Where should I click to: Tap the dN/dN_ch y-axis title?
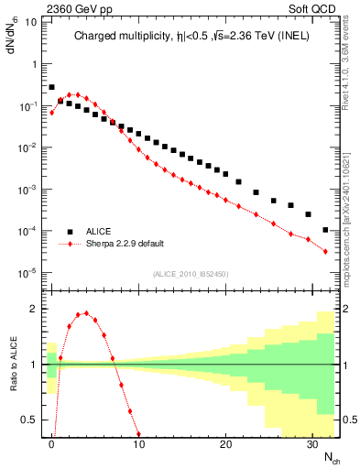pyautogui.click(x=12, y=41)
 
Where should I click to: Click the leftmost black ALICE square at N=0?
pyautogui.click(x=52, y=87)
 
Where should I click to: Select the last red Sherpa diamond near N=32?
pyautogui.click(x=326, y=251)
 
